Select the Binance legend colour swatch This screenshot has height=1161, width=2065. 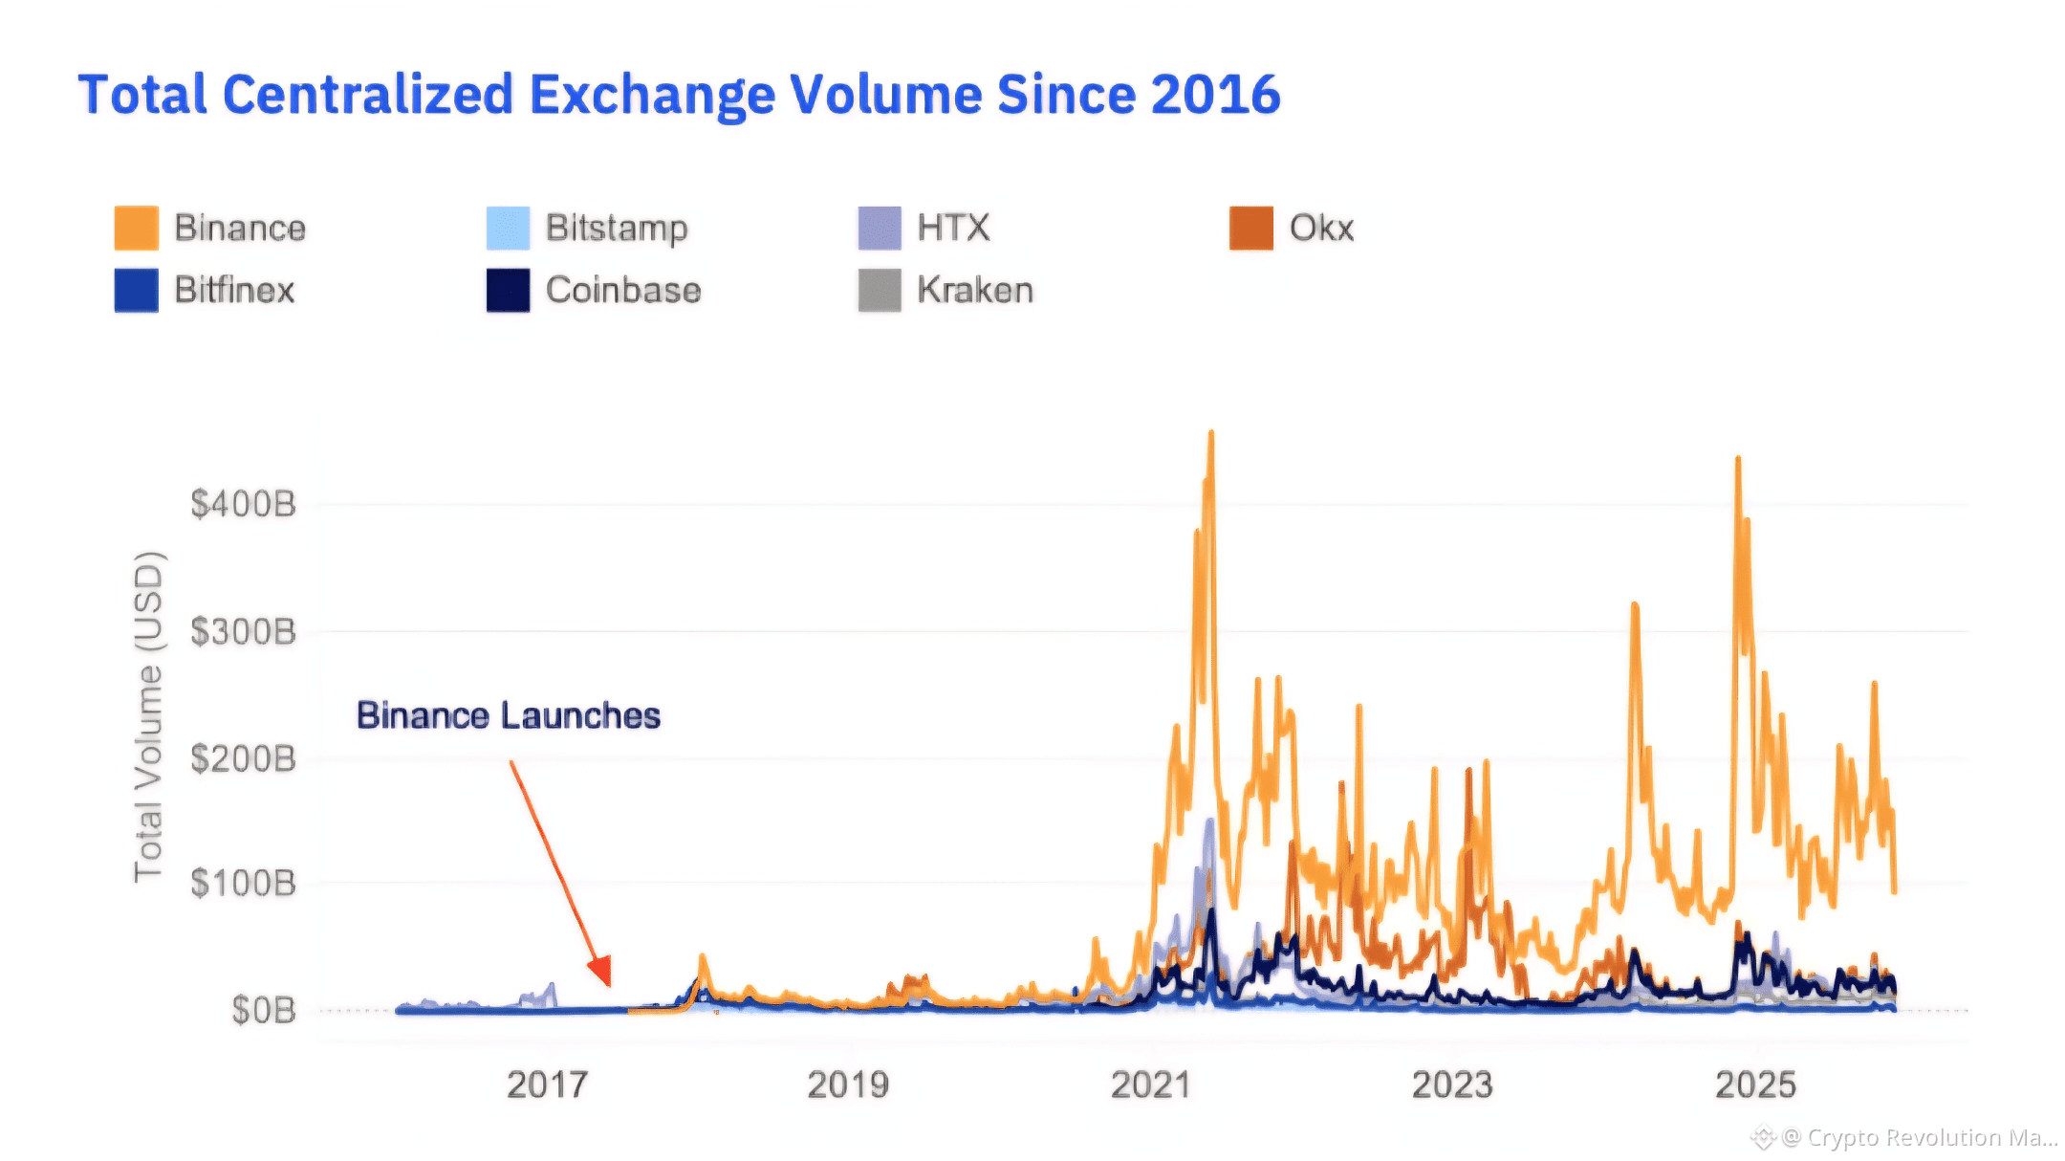coord(136,229)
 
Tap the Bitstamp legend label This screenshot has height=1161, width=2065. coord(617,229)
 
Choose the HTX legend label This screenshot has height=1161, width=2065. coord(953,229)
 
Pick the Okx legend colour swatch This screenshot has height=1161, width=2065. coord(1250,229)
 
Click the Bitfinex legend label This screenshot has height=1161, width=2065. coord(234,291)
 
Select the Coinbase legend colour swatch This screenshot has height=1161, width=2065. coord(508,291)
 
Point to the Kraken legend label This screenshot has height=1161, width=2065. coord(975,291)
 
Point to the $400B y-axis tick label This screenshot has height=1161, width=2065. coord(243,504)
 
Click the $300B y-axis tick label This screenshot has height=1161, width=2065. coord(243,632)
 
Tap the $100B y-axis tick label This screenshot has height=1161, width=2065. coord(243,884)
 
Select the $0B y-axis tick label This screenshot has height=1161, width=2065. coord(263,1011)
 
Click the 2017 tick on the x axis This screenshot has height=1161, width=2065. coord(547,1085)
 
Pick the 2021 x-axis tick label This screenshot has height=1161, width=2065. coord(1150,1085)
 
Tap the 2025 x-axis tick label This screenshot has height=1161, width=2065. coord(1755,1085)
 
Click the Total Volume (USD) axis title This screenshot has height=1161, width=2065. coord(148,717)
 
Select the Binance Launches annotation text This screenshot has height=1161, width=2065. coord(508,716)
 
